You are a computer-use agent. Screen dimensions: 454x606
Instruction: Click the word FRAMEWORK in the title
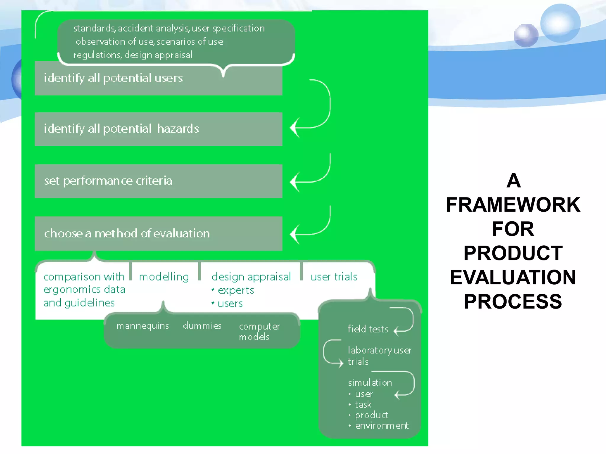click(x=513, y=205)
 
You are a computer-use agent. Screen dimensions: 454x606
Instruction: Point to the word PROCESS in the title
click(x=513, y=301)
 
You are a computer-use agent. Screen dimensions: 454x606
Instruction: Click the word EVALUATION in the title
click(x=513, y=277)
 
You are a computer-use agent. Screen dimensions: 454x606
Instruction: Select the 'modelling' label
click(x=164, y=277)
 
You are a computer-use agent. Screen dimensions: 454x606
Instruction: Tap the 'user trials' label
click(x=334, y=277)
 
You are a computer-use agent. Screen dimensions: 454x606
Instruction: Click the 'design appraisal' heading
click(x=251, y=277)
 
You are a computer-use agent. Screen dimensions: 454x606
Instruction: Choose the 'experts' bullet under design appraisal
click(x=236, y=290)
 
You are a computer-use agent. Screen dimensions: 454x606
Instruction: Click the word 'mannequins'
click(x=143, y=326)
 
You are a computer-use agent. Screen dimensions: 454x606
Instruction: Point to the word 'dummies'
click(x=202, y=326)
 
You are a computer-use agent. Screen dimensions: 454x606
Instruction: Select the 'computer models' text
click(x=259, y=331)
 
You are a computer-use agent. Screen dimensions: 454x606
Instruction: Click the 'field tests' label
click(x=368, y=329)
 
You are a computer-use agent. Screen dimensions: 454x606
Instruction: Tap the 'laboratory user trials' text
click(x=379, y=356)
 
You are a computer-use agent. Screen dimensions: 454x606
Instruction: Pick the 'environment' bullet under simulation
click(x=381, y=426)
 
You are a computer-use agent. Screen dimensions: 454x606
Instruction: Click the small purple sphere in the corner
click(x=526, y=36)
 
